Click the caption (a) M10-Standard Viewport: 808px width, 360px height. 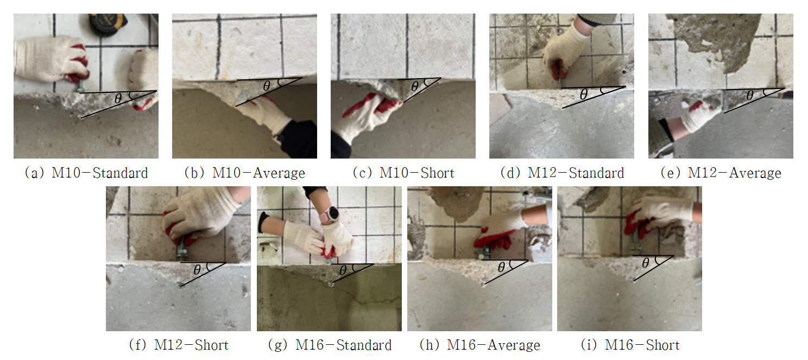coord(86,173)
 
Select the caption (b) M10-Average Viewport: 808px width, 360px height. coord(244,173)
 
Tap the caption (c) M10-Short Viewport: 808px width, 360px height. coord(403,173)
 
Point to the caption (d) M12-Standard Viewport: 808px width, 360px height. coord(562,173)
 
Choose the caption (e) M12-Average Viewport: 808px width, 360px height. coord(721,173)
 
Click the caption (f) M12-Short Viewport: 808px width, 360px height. coord(179,345)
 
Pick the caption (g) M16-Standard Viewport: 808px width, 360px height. coord(330,345)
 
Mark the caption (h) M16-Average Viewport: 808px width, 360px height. coord(480,345)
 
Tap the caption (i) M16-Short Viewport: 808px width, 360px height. coord(630,345)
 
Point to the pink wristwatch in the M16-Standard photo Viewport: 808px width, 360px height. coord(331,214)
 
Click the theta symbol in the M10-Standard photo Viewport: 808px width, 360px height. coord(118,98)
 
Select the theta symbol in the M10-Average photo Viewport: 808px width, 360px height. coord(267,85)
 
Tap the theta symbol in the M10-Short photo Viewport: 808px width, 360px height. coord(415,86)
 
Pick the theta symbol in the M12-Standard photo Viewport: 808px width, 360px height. coord(583,94)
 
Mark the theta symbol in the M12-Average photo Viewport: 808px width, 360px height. coord(750,95)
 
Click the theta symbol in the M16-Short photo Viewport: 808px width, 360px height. coord(646,263)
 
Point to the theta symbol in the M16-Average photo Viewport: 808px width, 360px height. coord(501,267)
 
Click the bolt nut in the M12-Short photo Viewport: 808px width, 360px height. coord(181,253)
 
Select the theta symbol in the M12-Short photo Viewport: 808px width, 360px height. coord(197,269)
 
